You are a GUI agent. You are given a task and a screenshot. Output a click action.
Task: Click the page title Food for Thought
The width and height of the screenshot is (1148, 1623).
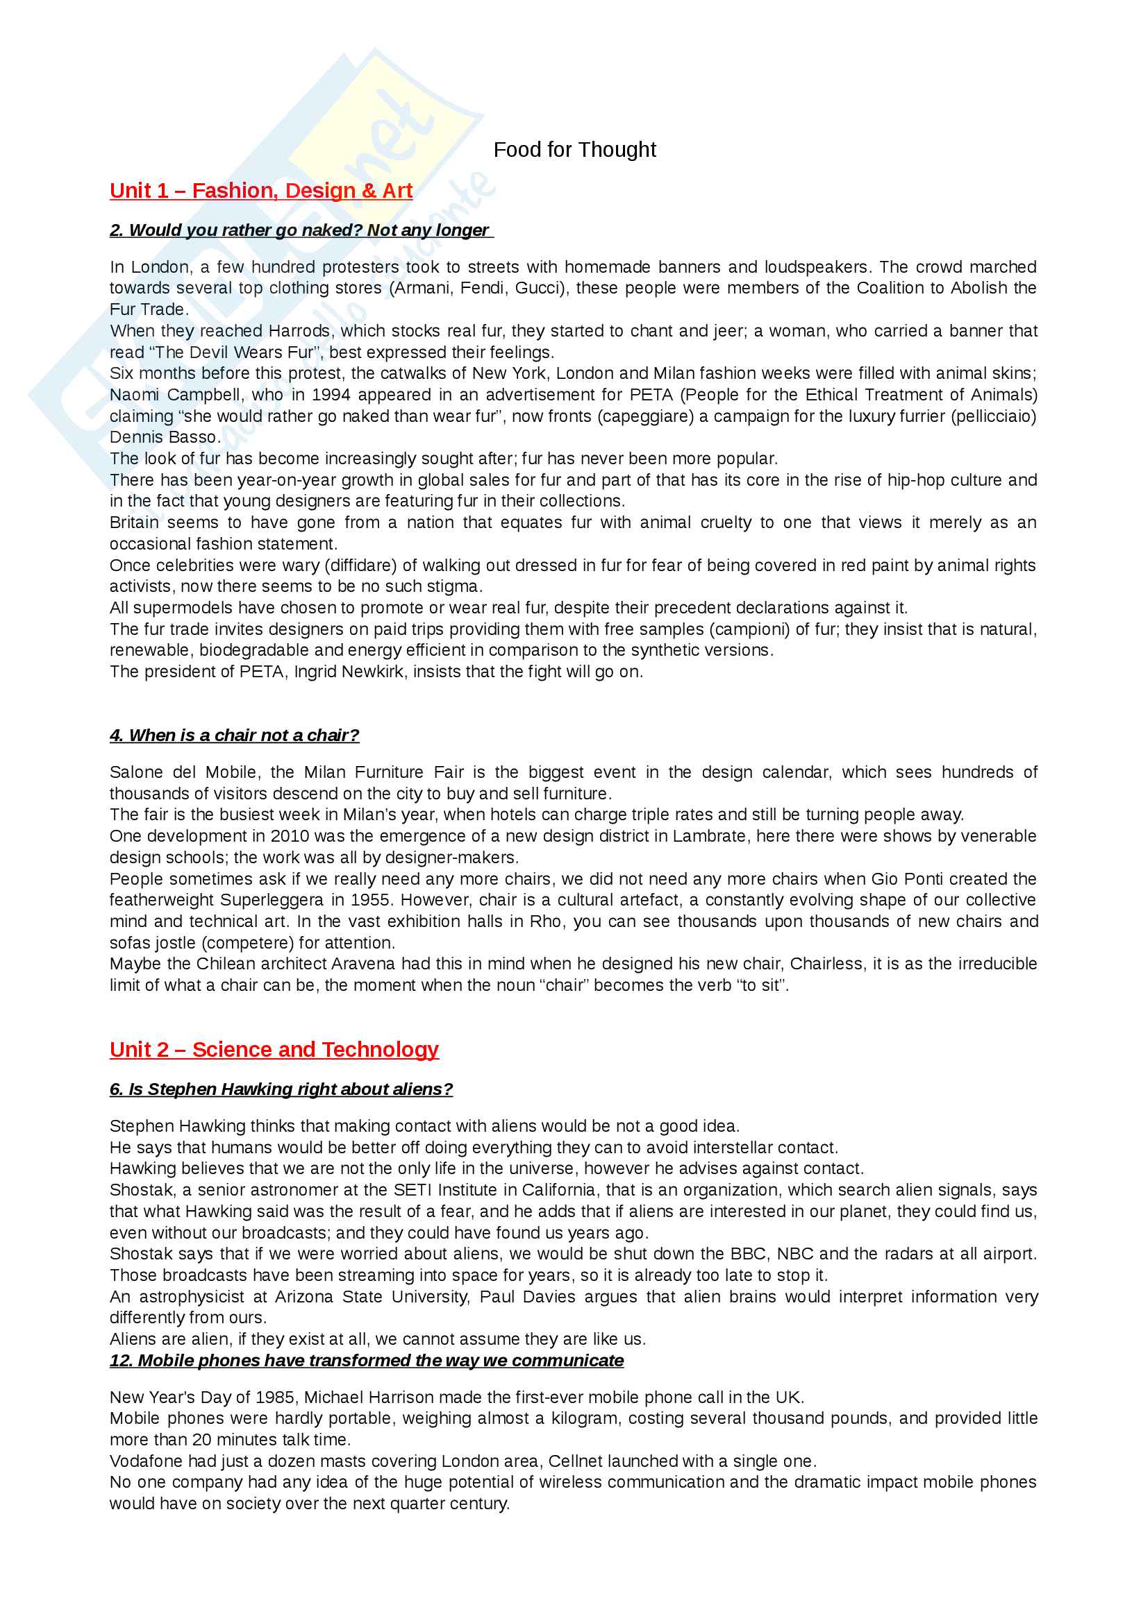pos(574,150)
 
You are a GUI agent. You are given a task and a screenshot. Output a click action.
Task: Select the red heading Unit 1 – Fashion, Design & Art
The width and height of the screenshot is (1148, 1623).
pos(261,191)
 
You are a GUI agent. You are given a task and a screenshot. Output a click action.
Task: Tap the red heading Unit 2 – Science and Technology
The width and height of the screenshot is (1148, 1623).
pos(274,1050)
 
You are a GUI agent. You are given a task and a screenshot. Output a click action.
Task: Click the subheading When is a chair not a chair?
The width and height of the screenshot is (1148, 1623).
pos(234,735)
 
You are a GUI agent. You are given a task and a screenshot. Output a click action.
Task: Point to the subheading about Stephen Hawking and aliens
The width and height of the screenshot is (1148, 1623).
pos(281,1089)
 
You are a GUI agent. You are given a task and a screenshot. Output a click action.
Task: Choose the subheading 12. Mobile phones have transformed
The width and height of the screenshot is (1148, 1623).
pos(367,1361)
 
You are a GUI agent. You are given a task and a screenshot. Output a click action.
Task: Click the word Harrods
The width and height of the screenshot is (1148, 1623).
pos(299,331)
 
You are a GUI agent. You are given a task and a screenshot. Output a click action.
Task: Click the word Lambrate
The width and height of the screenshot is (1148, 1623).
pos(709,836)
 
